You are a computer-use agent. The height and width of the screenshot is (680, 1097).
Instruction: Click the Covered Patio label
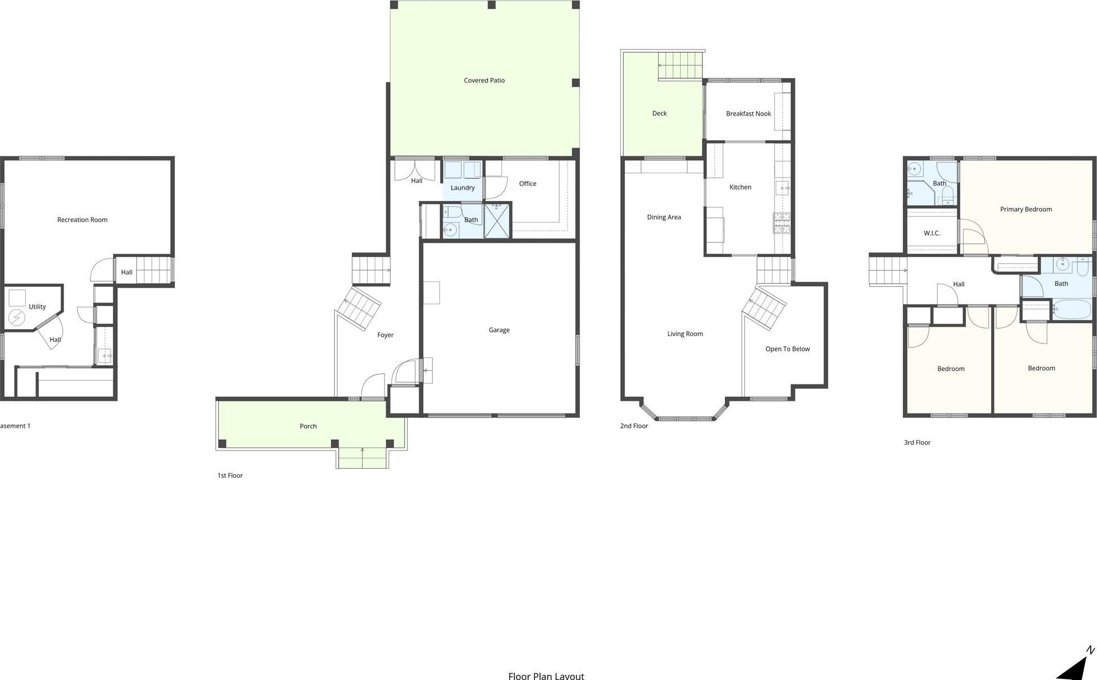(484, 80)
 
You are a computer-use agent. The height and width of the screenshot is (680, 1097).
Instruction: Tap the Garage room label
(499, 330)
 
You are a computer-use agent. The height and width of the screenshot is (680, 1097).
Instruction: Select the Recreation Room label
(82, 220)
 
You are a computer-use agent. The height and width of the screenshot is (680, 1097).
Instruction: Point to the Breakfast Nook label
(748, 114)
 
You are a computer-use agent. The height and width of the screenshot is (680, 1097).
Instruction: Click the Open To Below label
(787, 349)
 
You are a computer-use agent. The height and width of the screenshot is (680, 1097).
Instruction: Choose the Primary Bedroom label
(1025, 210)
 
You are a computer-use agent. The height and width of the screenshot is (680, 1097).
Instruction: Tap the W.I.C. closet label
(932, 233)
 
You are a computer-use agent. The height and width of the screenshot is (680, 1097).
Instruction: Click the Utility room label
(37, 306)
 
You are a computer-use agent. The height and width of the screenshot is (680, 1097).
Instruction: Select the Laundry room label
(462, 188)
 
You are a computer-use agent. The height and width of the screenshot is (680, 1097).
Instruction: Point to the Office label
(527, 183)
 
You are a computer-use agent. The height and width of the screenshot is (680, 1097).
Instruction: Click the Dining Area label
(664, 217)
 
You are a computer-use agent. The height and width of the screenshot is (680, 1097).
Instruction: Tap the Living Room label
(685, 334)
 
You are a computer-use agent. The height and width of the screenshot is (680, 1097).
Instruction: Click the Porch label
(308, 426)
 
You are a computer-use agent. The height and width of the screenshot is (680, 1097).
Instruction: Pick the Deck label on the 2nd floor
(659, 113)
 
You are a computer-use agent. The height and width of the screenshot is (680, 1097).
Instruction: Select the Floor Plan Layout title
(546, 675)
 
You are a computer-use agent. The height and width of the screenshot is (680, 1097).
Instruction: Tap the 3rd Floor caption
(916, 443)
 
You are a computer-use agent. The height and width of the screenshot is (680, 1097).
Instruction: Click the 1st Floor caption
(230, 476)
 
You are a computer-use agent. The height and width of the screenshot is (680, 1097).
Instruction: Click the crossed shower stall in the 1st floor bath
(497, 220)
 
